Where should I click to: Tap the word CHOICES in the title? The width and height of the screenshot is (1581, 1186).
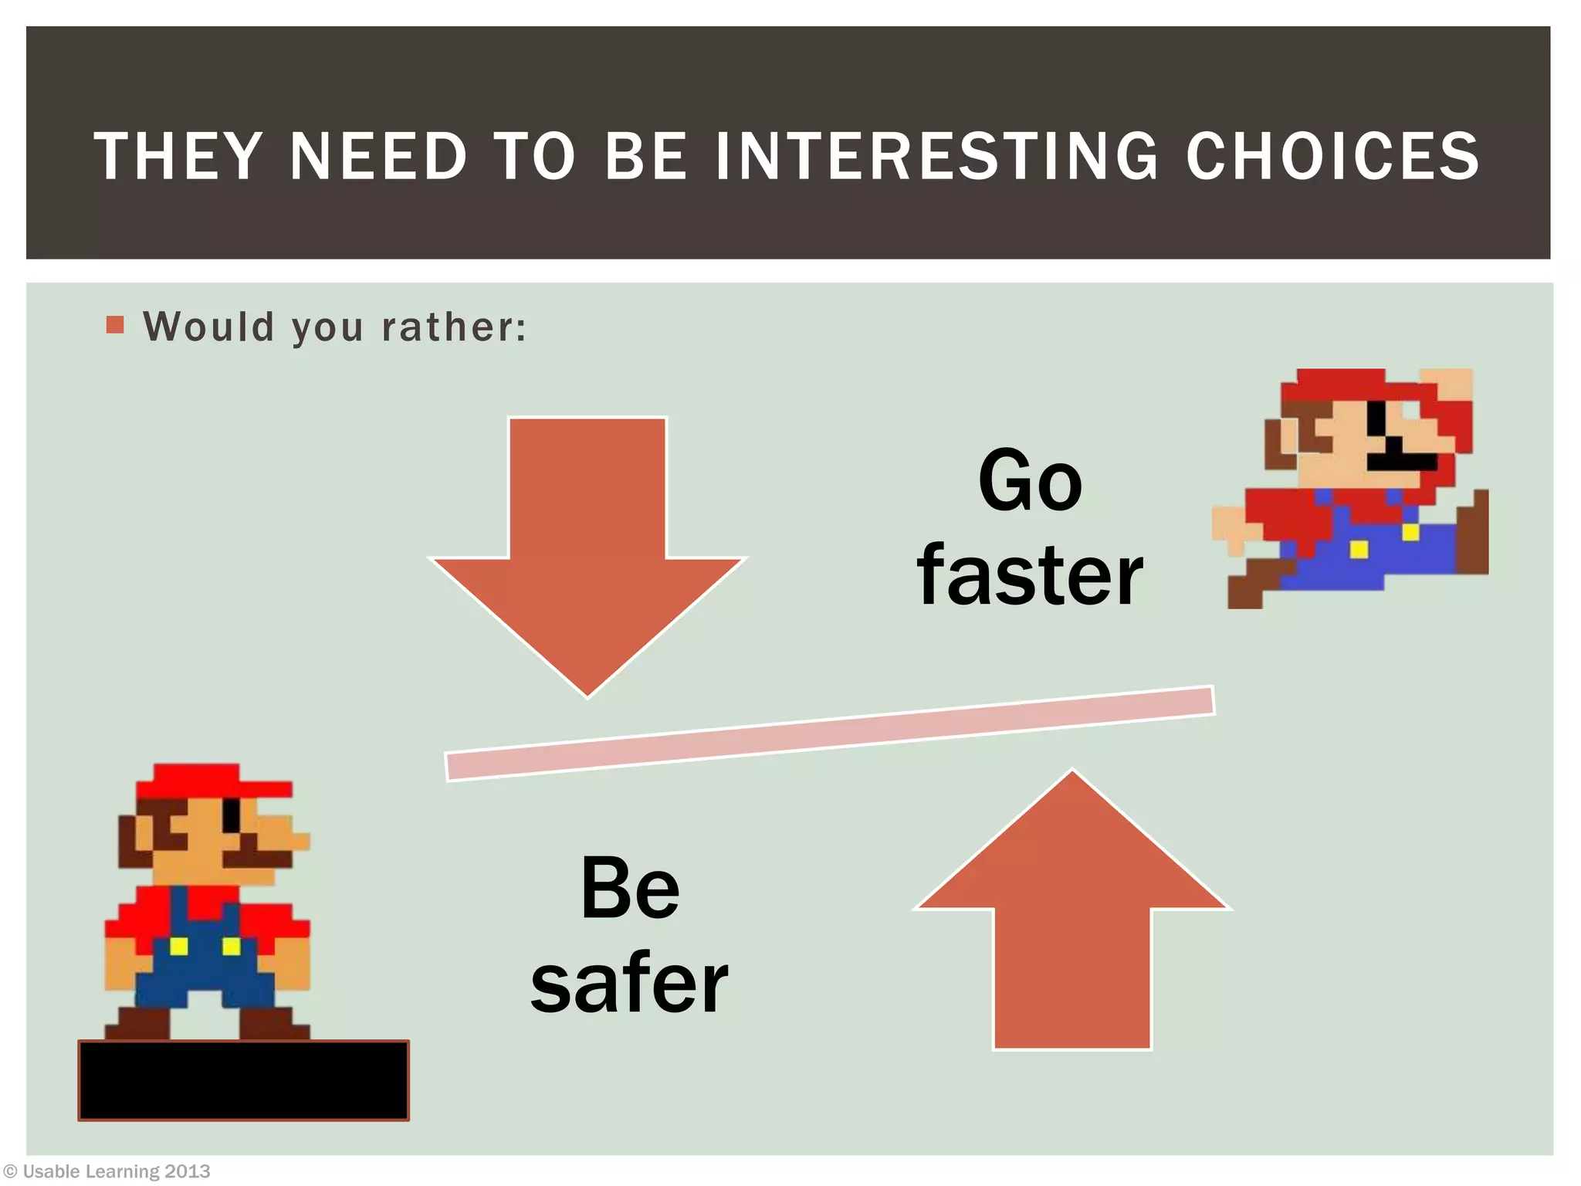point(1332,156)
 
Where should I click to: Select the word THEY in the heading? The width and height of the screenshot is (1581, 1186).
point(178,156)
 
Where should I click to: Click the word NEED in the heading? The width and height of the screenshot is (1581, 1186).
point(378,156)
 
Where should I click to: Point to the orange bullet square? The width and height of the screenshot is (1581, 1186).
point(115,325)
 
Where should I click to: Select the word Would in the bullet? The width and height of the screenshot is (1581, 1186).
point(209,327)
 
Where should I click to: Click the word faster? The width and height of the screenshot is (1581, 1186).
point(1031,575)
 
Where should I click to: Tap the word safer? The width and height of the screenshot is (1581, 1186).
point(630,982)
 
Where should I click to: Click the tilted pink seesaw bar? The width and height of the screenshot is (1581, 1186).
point(830,734)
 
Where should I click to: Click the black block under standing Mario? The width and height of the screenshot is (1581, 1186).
point(244,1080)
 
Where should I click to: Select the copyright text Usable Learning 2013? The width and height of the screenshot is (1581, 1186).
point(116,1171)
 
